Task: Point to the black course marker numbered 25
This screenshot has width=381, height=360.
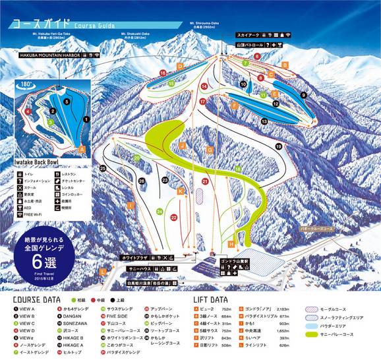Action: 103,168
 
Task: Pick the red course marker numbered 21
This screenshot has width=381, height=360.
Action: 205,181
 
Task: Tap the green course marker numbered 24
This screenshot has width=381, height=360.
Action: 160,211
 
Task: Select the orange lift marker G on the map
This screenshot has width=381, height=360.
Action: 210,150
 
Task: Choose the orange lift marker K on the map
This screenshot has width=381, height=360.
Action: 180,191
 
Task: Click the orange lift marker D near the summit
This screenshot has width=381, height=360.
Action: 179,67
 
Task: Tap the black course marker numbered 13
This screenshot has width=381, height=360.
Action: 264,122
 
